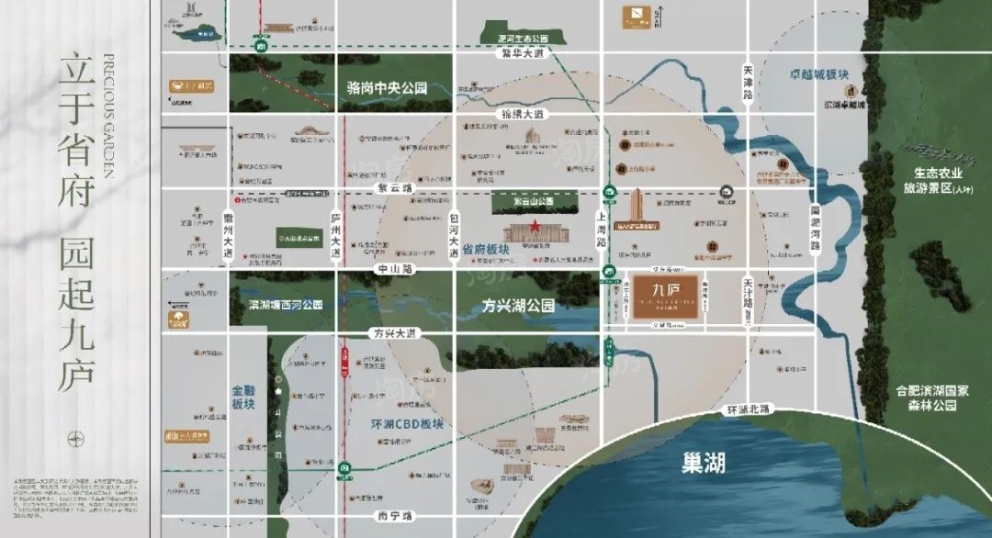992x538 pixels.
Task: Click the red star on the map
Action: (x=532, y=228)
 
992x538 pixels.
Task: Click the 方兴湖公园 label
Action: (x=519, y=306)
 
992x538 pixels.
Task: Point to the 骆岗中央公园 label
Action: (x=388, y=89)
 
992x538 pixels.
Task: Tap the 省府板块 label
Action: (x=486, y=249)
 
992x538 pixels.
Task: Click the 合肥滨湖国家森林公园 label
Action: (x=931, y=398)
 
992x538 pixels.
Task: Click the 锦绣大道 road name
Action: (x=523, y=114)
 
